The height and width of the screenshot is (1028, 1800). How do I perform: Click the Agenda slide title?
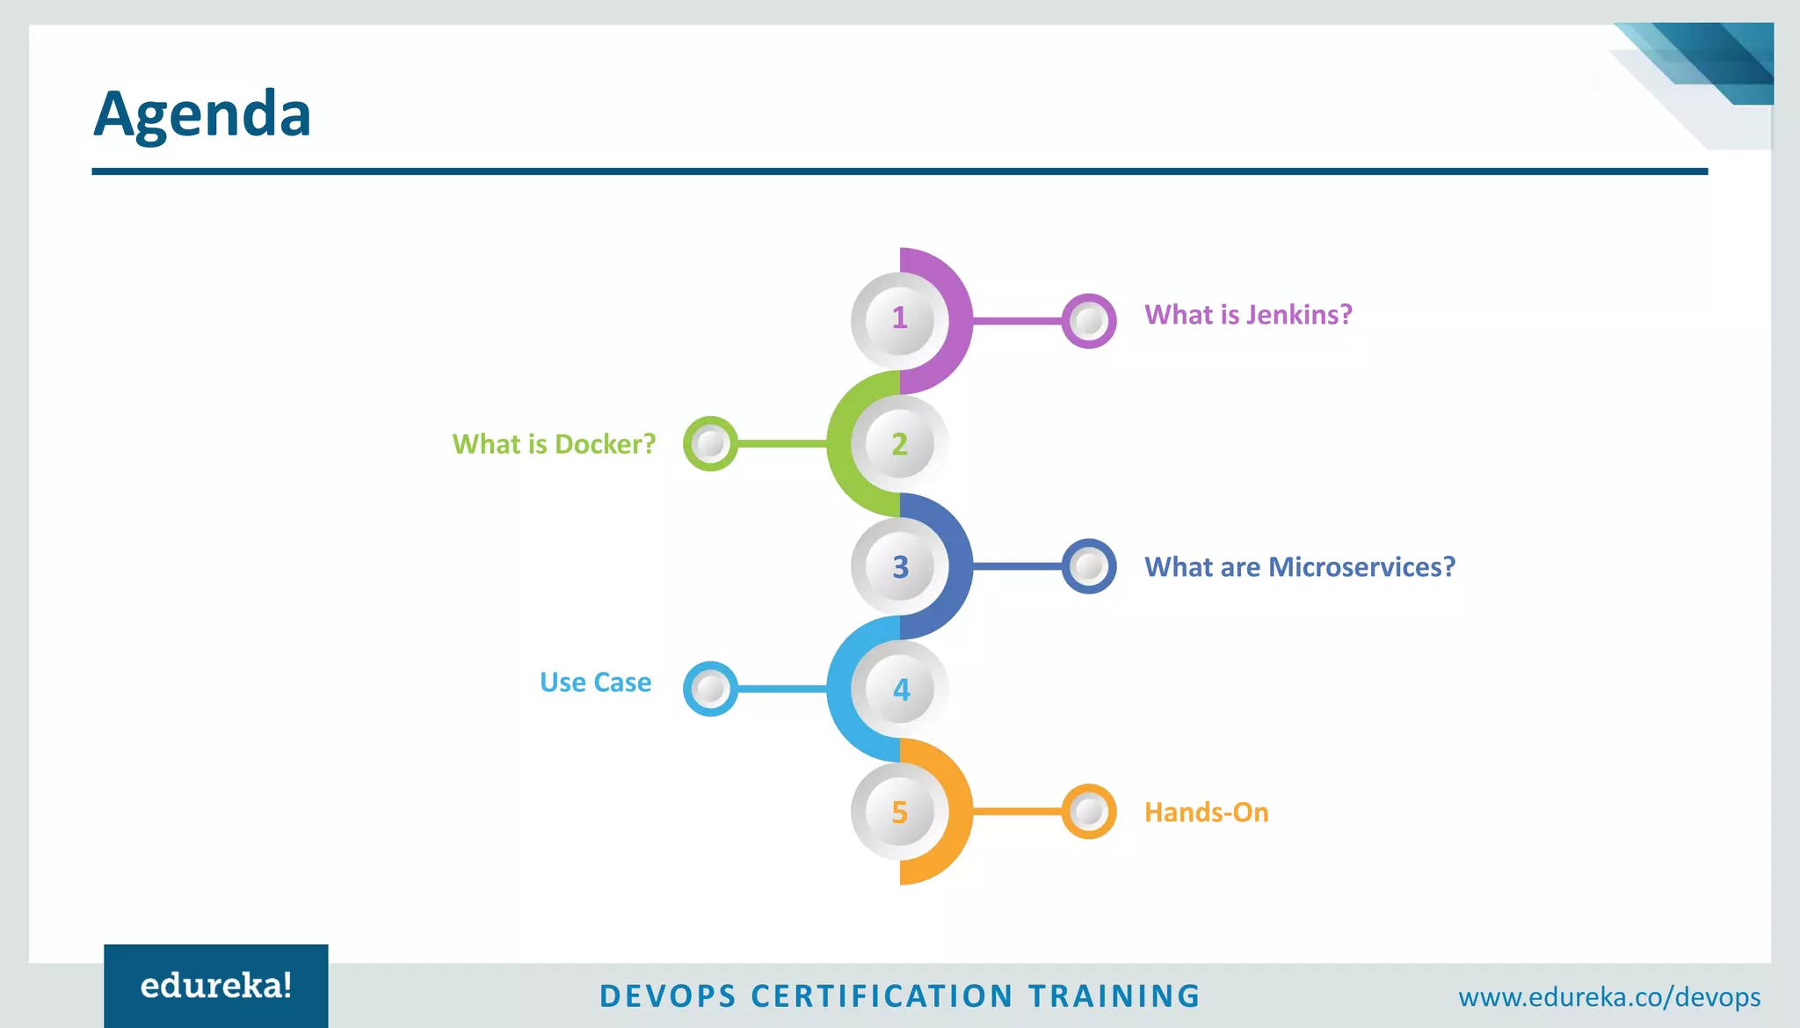click(x=202, y=114)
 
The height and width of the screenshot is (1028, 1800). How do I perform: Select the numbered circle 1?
click(x=899, y=318)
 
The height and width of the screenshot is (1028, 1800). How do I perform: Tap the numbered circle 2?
click(x=899, y=444)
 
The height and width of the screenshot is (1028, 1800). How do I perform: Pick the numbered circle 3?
click(x=899, y=566)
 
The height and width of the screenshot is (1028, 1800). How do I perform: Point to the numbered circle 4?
click(x=900, y=689)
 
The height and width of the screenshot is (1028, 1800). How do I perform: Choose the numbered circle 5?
click(x=899, y=812)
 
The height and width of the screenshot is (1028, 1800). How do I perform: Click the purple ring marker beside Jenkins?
click(x=1089, y=321)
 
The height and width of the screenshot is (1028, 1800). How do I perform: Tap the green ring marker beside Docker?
click(x=710, y=444)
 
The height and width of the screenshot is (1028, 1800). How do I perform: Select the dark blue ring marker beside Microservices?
click(x=1089, y=566)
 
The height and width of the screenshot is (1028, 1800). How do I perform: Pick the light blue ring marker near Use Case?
click(x=710, y=689)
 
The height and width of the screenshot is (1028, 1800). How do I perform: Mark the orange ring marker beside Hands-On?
click(x=1089, y=812)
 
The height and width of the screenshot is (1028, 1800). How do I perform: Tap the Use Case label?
click(x=595, y=682)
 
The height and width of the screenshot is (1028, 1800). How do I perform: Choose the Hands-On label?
click(x=1206, y=813)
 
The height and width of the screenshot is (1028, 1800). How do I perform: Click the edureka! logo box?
click(x=216, y=986)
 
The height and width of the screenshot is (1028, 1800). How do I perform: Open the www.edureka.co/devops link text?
click(x=1609, y=997)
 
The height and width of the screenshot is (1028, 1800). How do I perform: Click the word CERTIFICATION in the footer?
click(x=882, y=996)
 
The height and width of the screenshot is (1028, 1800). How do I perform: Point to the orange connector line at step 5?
click(x=1017, y=812)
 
